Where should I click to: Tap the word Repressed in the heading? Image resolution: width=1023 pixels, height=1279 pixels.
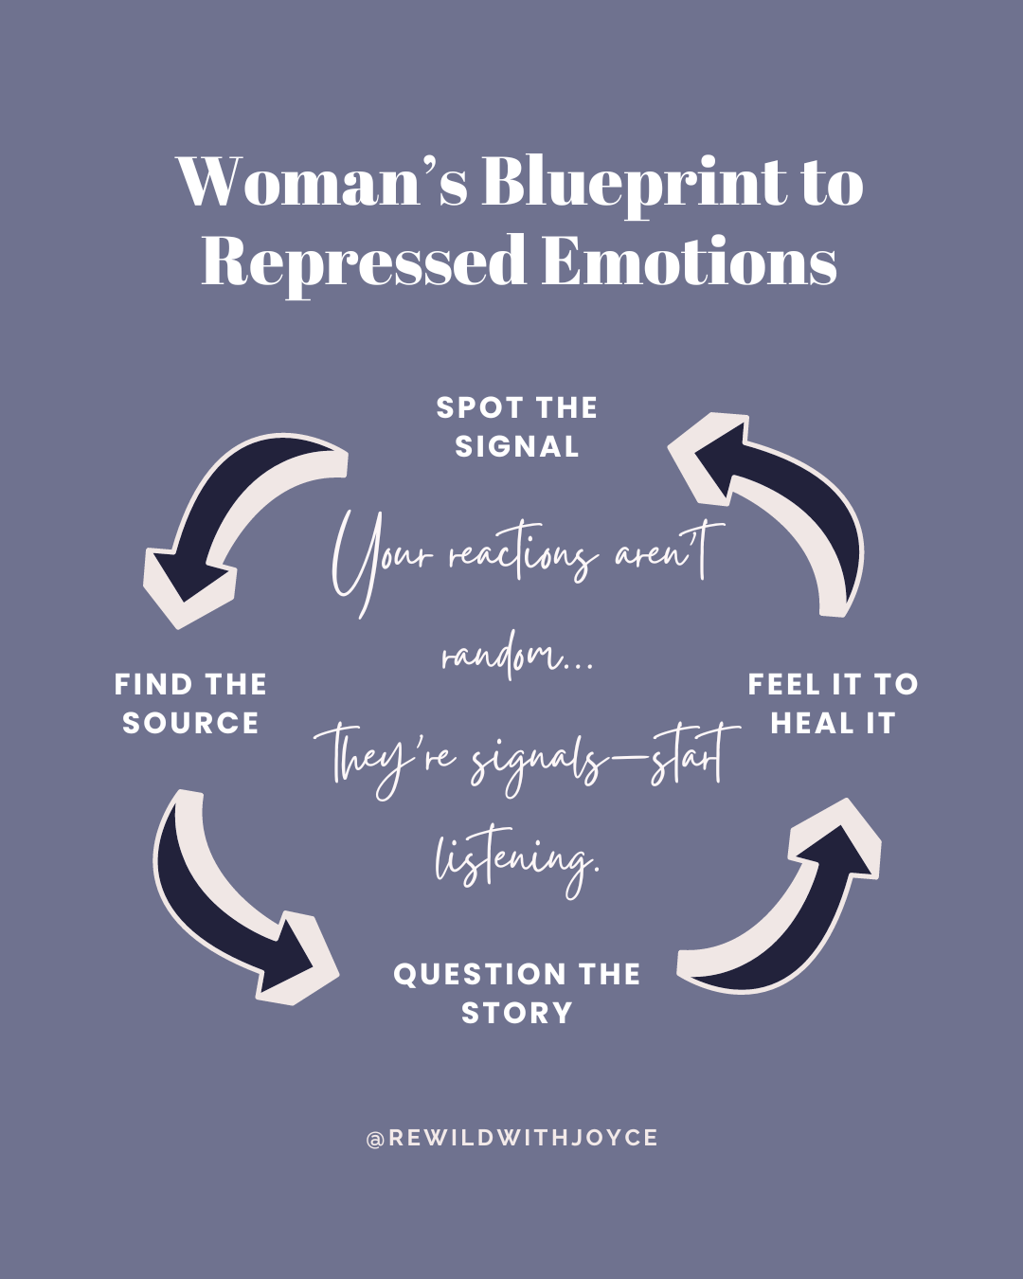(x=364, y=261)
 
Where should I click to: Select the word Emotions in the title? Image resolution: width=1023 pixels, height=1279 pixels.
(x=690, y=261)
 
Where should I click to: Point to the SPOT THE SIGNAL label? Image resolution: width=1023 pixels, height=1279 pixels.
(x=517, y=427)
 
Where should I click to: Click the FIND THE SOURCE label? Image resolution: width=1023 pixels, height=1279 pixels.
(x=190, y=703)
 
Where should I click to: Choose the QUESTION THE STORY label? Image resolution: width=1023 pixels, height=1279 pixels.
(x=517, y=993)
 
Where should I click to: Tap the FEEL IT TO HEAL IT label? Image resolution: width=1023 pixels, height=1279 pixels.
(x=833, y=703)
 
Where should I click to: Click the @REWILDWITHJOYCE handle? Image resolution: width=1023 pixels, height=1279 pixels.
(x=511, y=1138)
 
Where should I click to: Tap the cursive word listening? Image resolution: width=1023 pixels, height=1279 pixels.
(x=517, y=858)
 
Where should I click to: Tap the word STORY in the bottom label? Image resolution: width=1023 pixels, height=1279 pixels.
(x=517, y=1013)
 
